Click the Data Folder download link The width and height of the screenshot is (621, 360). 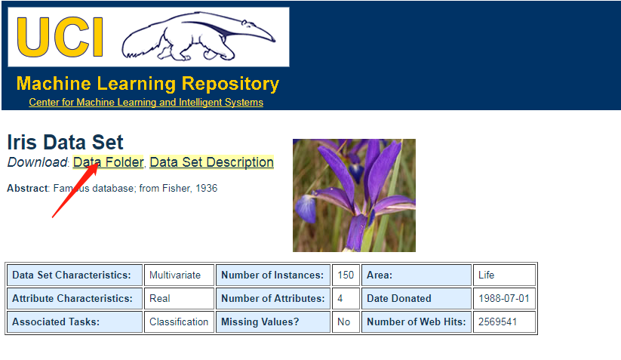pyautogui.click(x=108, y=162)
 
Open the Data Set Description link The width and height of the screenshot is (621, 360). pyautogui.click(x=211, y=162)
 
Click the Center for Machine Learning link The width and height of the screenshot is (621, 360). pyautogui.click(x=146, y=102)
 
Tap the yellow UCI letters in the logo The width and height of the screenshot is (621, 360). pyautogui.click(x=60, y=37)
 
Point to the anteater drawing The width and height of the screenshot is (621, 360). pyautogui.click(x=198, y=36)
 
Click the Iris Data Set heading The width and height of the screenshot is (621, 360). pyautogui.click(x=66, y=142)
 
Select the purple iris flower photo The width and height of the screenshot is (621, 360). pyautogui.click(x=354, y=195)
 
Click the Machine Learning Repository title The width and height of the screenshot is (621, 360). pyautogui.click(x=148, y=84)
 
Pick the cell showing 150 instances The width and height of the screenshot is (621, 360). pyautogui.click(x=346, y=275)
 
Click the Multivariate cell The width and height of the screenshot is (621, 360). pyautogui.click(x=179, y=275)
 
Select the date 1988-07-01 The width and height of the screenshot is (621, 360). pyautogui.click(x=504, y=298)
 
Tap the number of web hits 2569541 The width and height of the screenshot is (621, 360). pyautogui.click(x=497, y=322)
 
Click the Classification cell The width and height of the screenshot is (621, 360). pyautogui.click(x=179, y=322)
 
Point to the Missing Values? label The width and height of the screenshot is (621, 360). pyautogui.click(x=260, y=322)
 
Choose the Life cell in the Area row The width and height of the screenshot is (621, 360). pyautogui.click(x=505, y=275)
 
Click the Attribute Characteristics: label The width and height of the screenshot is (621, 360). pyautogui.click(x=72, y=298)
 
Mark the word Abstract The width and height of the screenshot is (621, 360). pyautogui.click(x=27, y=188)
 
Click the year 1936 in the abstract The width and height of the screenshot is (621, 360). pyautogui.click(x=206, y=188)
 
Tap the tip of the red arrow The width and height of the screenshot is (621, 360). pyautogui.click(x=97, y=162)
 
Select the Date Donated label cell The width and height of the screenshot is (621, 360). pyautogui.click(x=417, y=298)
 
